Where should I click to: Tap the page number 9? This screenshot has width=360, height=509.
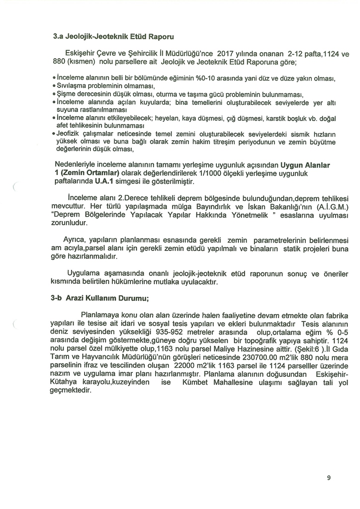329,478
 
